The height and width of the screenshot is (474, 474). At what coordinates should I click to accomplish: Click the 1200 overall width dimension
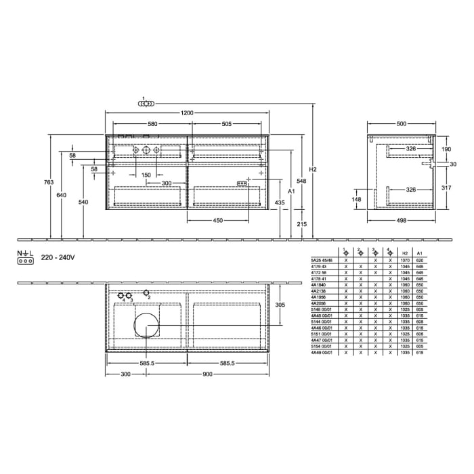point(186,113)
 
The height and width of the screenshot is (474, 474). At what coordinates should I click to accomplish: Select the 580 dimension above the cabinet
point(152,124)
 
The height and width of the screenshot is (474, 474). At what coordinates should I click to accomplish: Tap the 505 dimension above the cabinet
point(227,124)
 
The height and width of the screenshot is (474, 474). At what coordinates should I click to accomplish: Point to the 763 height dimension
point(43,182)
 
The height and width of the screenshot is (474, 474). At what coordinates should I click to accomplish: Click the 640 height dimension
point(62,195)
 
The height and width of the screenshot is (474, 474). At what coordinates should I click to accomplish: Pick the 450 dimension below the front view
point(219,220)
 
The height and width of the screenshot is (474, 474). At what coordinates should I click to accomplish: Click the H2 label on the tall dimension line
point(312,169)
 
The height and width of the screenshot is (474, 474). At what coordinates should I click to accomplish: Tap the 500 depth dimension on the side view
point(402,124)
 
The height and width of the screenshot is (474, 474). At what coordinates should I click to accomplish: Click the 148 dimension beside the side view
point(357,200)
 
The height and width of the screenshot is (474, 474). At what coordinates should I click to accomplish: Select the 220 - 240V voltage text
point(58,258)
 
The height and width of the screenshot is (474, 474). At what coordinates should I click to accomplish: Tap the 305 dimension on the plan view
point(280,305)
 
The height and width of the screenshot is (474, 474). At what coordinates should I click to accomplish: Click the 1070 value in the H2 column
point(405,261)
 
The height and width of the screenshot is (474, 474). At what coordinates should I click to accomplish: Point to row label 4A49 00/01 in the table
point(320,353)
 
